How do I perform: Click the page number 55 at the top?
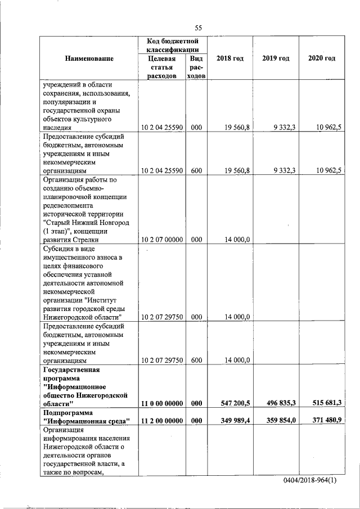click(199, 28)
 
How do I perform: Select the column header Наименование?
click(89, 58)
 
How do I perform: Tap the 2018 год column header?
click(230, 58)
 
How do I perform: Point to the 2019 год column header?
click(276, 58)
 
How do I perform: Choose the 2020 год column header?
click(322, 58)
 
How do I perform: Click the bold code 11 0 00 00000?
click(162, 403)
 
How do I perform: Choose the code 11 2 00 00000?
click(162, 420)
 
